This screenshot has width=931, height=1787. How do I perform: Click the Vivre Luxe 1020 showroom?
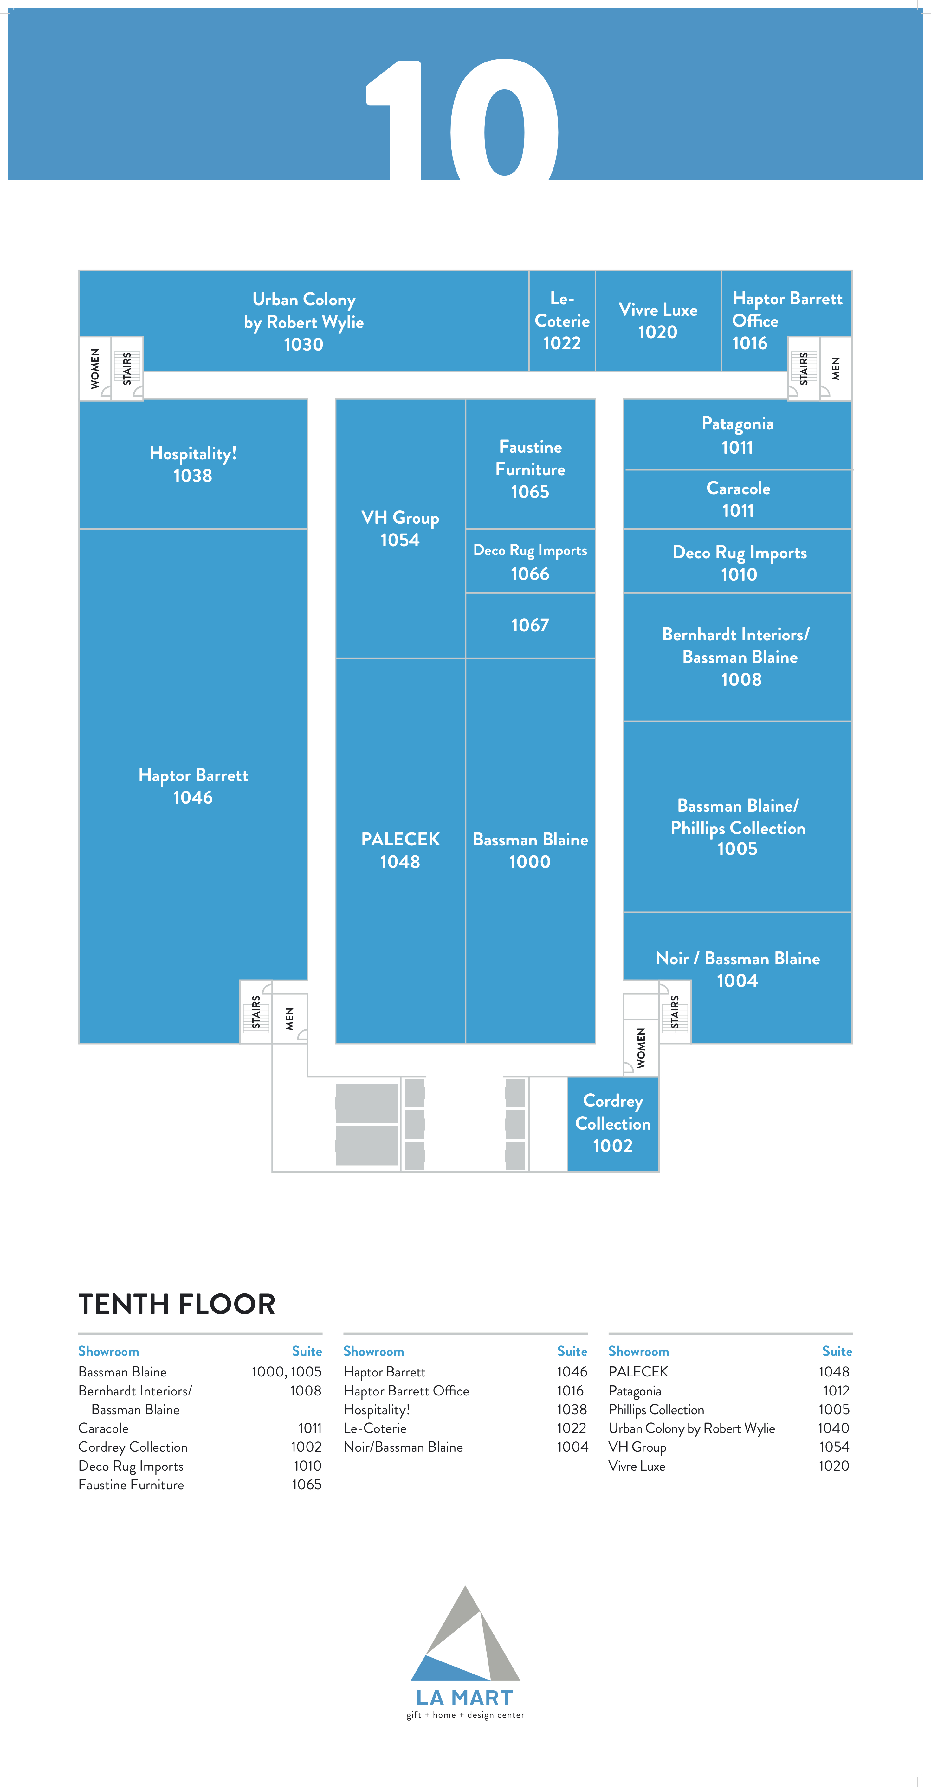[x=658, y=320]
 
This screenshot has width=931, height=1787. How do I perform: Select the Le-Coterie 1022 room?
[x=562, y=320]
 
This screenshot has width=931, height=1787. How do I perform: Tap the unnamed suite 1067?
[x=530, y=625]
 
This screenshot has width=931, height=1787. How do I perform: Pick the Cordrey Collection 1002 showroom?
[x=612, y=1124]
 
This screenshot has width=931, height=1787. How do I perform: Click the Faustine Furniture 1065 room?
[x=530, y=463]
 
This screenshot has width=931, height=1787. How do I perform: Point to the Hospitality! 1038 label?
[x=193, y=464]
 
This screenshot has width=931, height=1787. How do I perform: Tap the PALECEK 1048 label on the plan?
[x=400, y=850]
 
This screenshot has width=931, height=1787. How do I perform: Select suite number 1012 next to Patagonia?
[x=836, y=1391]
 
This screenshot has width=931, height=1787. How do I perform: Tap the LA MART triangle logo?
[x=465, y=1634]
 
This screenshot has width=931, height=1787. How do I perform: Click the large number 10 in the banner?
[x=463, y=119]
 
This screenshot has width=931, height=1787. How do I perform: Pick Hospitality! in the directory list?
[x=377, y=1410]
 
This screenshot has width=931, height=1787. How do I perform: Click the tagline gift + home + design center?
[x=465, y=1715]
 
